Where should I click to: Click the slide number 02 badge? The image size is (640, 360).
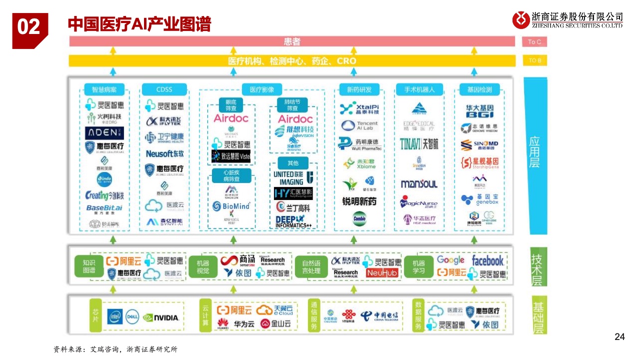(29, 27)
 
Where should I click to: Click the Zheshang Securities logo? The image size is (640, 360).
(567, 20)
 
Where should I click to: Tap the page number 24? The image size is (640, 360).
(619, 337)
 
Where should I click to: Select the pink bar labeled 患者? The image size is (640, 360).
(292, 42)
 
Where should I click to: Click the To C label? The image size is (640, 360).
(534, 42)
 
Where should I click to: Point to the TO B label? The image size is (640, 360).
(534, 61)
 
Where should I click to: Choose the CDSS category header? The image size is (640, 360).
(164, 89)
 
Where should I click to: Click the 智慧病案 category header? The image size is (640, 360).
(104, 89)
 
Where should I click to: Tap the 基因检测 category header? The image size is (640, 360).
(479, 90)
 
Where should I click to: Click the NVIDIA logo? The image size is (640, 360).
(161, 317)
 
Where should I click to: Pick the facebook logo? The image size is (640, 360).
(487, 260)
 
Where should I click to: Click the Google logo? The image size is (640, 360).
(450, 260)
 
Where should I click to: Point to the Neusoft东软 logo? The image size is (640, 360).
(164, 154)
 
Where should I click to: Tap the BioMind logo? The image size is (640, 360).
(231, 206)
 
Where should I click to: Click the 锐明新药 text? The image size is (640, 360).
(359, 201)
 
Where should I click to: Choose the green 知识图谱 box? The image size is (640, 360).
(89, 267)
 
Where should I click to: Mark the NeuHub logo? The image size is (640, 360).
(382, 273)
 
